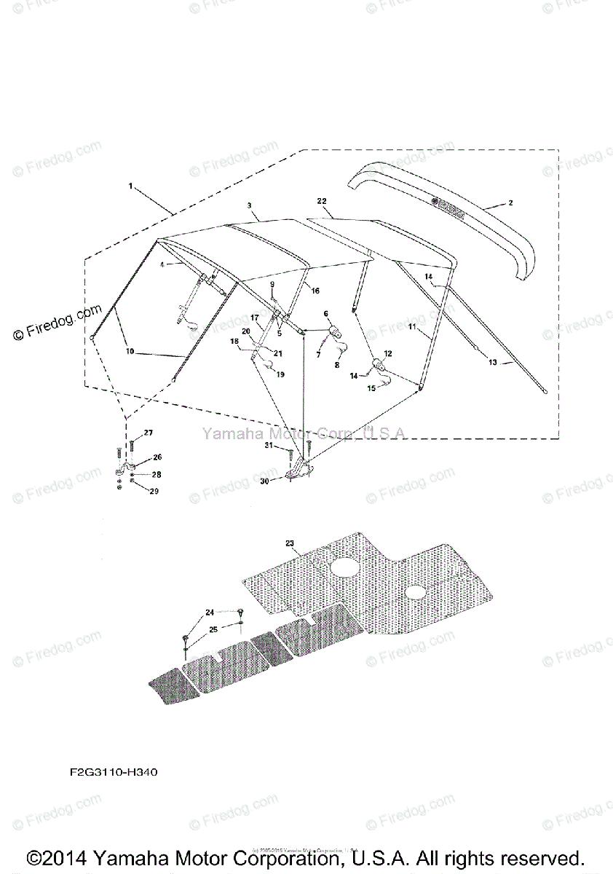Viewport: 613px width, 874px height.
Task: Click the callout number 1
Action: coord(130,186)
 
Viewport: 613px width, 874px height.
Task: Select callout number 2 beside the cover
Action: coord(510,203)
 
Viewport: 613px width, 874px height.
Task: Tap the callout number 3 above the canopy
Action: coord(250,207)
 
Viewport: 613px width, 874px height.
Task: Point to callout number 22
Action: coord(321,200)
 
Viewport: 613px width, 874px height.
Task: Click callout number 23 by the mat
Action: coord(289,543)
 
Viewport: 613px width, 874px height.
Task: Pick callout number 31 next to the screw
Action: coord(269,445)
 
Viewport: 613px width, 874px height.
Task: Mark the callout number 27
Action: coord(148,433)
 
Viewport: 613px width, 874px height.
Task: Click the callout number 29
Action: coord(154,492)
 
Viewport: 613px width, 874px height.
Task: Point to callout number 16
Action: coord(315,291)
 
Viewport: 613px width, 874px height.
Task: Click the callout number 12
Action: coord(387,353)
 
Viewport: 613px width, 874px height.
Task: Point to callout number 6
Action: coord(325,314)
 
